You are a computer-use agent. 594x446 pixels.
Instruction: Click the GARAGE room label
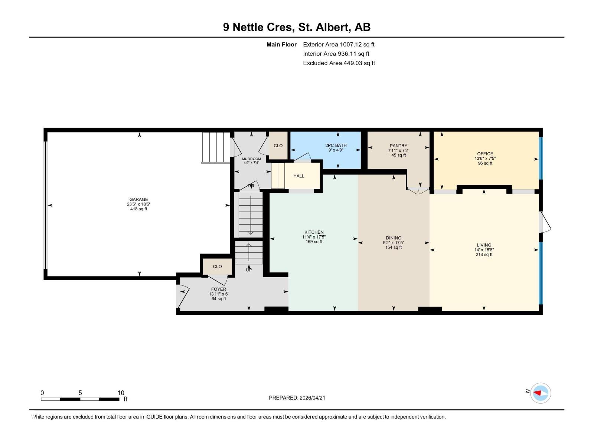coord(138,200)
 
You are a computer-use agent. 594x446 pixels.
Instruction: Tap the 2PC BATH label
coord(336,145)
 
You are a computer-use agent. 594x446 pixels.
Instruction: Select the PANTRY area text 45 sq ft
coord(398,155)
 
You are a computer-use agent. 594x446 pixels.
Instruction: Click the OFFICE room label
coord(485,153)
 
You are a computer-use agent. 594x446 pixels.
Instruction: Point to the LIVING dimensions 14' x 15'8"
coord(484,250)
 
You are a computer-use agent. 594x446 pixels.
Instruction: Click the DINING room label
coord(393,238)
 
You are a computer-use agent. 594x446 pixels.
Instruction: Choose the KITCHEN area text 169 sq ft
coord(314,242)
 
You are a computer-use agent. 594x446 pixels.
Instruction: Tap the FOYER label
coord(218,289)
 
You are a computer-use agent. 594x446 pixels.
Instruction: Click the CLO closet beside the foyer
coord(217,266)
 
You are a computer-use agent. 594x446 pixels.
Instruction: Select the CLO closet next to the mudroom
coord(278,146)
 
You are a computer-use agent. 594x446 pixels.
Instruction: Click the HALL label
coord(298,176)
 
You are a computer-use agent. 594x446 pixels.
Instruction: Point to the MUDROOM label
coord(251,159)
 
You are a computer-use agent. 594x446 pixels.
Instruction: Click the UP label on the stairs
coord(248,269)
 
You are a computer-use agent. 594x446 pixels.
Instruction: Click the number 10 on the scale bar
coord(121,393)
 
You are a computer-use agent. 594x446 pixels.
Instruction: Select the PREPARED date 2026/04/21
coord(297,398)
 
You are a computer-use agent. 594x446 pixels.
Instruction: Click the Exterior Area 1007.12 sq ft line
coord(339,44)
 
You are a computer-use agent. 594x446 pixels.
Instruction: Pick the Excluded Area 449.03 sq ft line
coord(339,63)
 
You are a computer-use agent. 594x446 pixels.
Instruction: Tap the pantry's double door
coord(418,191)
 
